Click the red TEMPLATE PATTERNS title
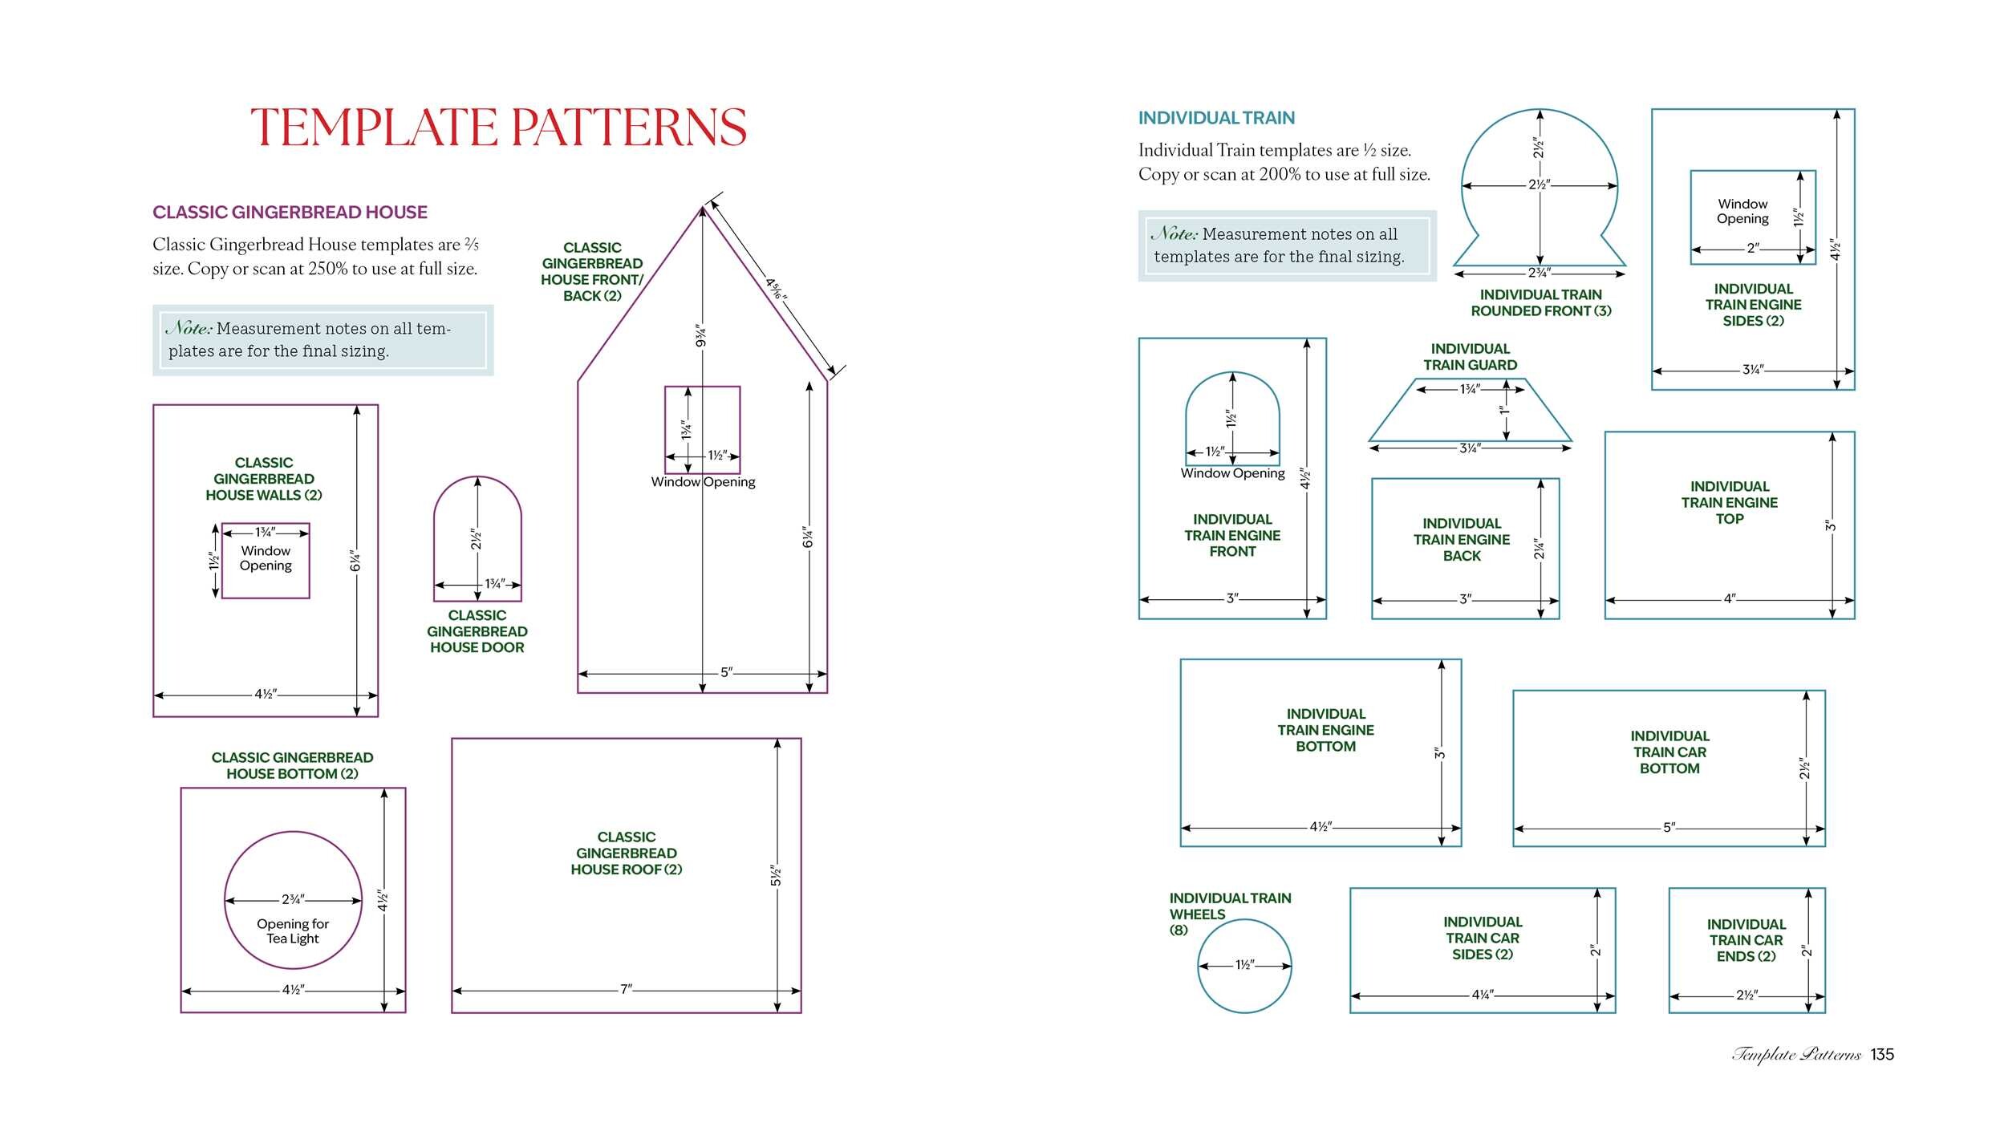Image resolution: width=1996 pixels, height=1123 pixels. [x=498, y=128]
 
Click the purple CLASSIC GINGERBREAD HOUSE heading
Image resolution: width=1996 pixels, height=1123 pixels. [x=290, y=213]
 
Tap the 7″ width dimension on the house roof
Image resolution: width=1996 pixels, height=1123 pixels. [x=626, y=989]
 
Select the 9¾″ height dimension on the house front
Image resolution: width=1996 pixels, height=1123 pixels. [x=700, y=336]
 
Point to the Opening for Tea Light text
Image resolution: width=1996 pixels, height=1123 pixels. [x=293, y=931]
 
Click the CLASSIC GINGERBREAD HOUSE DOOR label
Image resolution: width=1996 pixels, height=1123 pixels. [x=477, y=631]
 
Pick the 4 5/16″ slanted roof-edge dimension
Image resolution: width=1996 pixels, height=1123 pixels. [x=776, y=289]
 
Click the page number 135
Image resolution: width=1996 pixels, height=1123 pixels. [x=1882, y=1054]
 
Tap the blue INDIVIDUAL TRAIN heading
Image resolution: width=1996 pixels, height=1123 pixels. [x=1216, y=118]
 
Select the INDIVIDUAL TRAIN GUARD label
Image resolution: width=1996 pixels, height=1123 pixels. [x=1471, y=357]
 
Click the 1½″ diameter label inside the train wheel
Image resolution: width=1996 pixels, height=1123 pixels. [x=1244, y=965]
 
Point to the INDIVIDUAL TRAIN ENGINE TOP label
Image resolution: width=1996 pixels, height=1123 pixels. [x=1730, y=502]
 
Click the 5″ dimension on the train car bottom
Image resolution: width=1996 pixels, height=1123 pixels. [x=1669, y=827]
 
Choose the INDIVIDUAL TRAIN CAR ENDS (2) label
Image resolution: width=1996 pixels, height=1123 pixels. [x=1746, y=940]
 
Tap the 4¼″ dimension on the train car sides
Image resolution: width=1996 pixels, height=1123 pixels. [x=1483, y=995]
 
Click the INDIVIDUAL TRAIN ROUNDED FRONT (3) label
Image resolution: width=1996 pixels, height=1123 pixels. [x=1541, y=303]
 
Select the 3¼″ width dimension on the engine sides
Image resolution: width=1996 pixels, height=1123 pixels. [x=1753, y=370]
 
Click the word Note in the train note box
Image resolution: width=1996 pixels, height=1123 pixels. [x=1174, y=233]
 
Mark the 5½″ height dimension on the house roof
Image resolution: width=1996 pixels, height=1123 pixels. [x=775, y=876]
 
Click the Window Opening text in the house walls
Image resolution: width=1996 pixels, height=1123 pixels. [x=266, y=558]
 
